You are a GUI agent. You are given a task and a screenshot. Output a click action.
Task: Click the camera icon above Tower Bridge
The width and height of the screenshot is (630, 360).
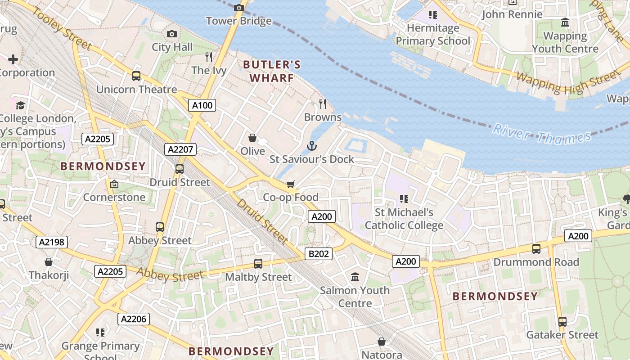tap(239, 8)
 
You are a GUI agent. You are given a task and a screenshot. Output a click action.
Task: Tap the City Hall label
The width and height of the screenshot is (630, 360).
tap(172, 47)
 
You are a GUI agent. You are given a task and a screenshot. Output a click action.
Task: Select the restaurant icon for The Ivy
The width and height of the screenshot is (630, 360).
tap(209, 57)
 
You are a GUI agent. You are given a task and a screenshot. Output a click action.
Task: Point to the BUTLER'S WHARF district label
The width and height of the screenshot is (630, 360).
tap(271, 71)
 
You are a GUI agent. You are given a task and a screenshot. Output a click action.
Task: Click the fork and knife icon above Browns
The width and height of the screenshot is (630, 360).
tap(323, 104)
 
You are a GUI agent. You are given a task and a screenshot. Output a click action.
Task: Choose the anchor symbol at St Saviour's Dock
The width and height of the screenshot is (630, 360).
tap(311, 146)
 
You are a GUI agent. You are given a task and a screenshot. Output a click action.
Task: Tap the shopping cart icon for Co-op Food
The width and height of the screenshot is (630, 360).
tap(291, 184)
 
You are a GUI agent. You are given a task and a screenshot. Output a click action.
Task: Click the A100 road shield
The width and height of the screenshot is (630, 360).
tap(202, 105)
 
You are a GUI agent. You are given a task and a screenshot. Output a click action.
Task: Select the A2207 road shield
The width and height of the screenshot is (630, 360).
tap(180, 149)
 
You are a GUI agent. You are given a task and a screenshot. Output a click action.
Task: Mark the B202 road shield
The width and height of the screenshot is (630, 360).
tap(319, 254)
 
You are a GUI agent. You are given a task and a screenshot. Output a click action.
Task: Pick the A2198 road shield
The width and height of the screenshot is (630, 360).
tap(52, 242)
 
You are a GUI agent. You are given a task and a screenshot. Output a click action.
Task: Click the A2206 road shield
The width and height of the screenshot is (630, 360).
tap(134, 319)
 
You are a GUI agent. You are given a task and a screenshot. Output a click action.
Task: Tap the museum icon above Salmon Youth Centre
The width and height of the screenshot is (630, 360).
tap(355, 277)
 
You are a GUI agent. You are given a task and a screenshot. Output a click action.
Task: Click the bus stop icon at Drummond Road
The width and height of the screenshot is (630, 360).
tap(536, 249)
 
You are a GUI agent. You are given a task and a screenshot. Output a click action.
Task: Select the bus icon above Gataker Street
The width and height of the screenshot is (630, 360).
tap(562, 322)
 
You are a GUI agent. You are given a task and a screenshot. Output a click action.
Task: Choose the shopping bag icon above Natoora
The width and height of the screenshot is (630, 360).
tap(382, 342)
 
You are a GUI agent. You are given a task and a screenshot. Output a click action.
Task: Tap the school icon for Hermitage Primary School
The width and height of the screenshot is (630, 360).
tap(433, 15)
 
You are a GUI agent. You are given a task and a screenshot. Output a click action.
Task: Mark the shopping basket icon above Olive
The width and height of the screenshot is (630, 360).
tap(252, 138)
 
